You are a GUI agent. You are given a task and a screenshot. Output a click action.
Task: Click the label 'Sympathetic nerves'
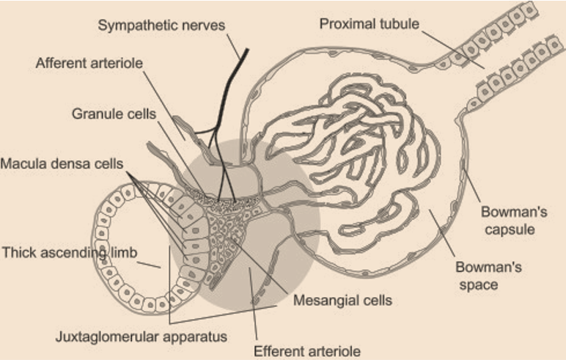click(x=161, y=26)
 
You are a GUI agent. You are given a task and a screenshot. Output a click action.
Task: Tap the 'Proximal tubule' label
click(x=369, y=23)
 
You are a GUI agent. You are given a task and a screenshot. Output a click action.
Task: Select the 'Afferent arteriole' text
click(x=89, y=64)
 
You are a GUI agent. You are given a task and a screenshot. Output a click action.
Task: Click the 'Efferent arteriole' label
click(x=307, y=351)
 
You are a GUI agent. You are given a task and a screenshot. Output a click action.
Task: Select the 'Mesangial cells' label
click(x=342, y=300)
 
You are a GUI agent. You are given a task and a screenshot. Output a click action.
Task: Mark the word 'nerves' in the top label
click(x=205, y=26)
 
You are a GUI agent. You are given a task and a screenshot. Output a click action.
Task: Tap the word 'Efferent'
click(x=275, y=351)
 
